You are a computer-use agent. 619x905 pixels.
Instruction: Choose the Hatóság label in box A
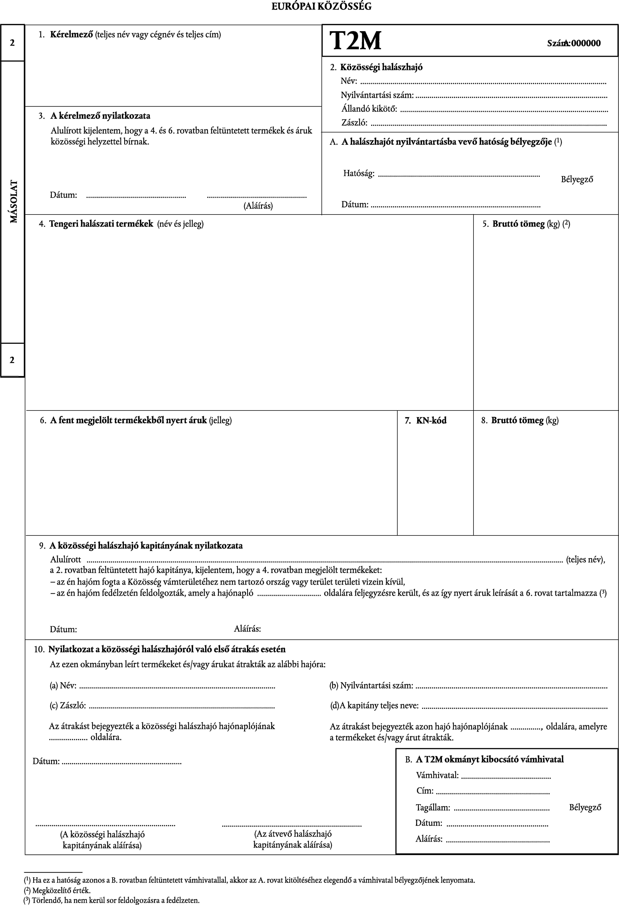point(359,173)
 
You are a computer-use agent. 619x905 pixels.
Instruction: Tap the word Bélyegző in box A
point(577,180)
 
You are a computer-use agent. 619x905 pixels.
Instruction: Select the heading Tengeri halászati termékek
point(101,224)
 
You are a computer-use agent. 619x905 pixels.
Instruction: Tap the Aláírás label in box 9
point(247,628)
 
